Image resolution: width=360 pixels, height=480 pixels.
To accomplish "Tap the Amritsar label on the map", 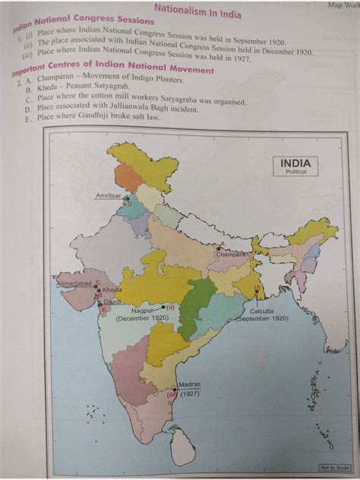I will [108, 196].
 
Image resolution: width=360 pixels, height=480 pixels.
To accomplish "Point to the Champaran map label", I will [230, 255].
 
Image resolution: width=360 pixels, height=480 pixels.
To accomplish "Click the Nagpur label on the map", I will [141, 311].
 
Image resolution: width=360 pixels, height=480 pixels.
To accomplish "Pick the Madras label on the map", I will [189, 385].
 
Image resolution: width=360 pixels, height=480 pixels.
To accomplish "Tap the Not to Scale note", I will [333, 468].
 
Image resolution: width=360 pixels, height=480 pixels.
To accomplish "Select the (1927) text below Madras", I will [189, 396].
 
